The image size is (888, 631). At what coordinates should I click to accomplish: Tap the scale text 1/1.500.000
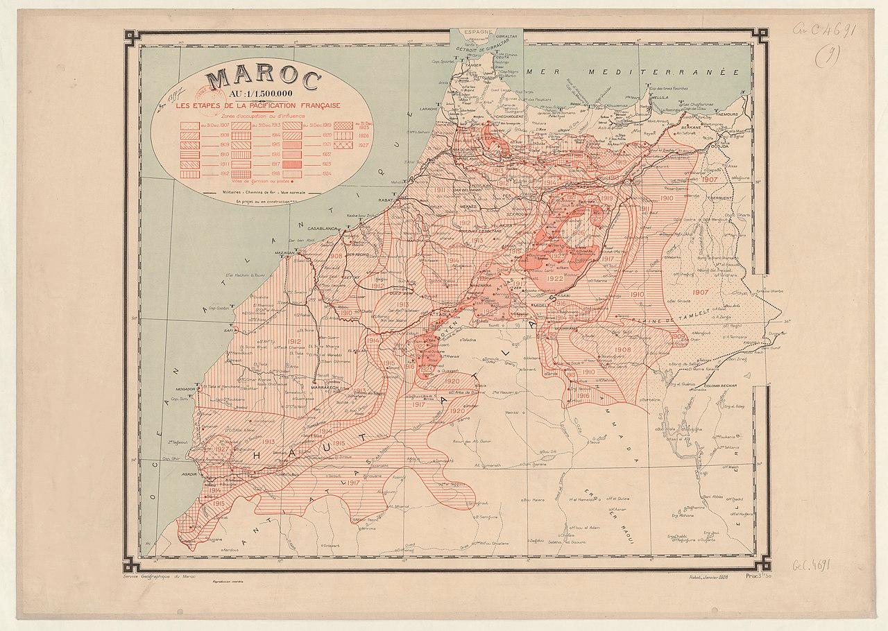[268, 96]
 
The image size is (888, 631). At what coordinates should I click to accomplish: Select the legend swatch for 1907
[189, 126]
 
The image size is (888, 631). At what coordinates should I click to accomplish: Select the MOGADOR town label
[186, 390]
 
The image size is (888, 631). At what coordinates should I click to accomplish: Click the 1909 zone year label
[679, 336]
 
